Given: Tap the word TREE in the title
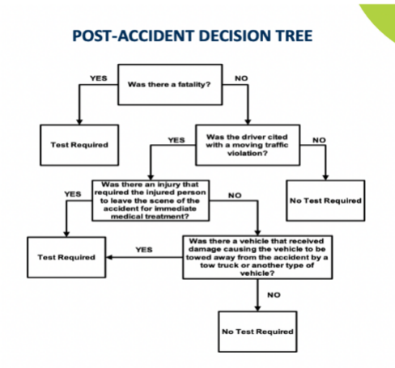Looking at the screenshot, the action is coord(293,36).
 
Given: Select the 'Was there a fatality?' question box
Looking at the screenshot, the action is coord(170,84).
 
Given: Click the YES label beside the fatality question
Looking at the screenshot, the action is coord(99,78).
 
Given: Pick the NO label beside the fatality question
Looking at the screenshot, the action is coord(241,78).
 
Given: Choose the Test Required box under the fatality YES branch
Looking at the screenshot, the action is coord(79,145).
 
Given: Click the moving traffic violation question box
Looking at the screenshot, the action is coord(248,145).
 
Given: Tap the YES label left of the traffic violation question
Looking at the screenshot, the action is coord(176,140).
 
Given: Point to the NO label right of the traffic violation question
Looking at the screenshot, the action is coord(319,140).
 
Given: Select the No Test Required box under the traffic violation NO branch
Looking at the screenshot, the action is coord(325,201).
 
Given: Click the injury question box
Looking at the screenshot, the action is coord(151,201).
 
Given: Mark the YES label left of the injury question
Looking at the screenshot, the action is coord(73,194).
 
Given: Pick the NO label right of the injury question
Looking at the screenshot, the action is coord(235,196).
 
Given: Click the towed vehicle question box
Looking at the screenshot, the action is coord(257,257).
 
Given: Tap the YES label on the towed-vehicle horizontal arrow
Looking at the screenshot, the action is coord(144,250).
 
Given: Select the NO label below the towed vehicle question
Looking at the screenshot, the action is coord(274,295).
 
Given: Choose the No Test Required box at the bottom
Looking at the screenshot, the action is coord(257,332).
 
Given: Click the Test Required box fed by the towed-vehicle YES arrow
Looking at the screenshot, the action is coord(66,257).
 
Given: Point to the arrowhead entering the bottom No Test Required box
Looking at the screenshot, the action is coord(257,308).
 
